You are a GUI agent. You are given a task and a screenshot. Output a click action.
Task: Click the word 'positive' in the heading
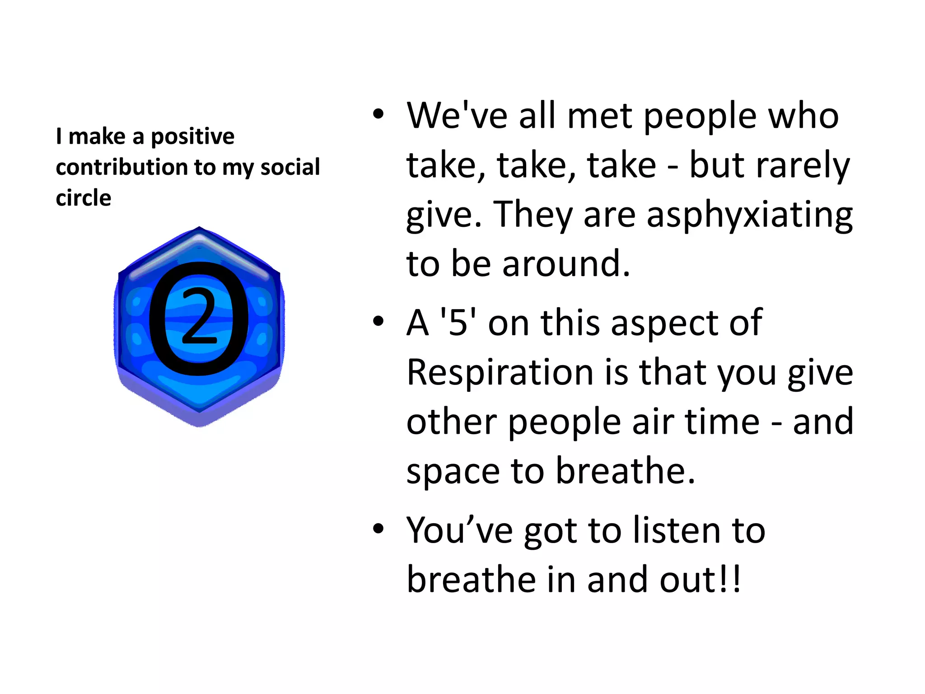pyautogui.click(x=192, y=136)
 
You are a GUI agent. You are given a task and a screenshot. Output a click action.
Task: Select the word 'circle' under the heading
pyautogui.click(x=84, y=198)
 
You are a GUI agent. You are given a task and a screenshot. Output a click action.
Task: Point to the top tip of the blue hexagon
pyautogui.click(x=199, y=228)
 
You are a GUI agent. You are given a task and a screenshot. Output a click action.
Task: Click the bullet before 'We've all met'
pyautogui.click(x=378, y=114)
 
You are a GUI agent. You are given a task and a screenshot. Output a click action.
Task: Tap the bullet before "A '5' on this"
pyautogui.click(x=378, y=321)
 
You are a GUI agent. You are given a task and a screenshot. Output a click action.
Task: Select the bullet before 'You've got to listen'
pyautogui.click(x=378, y=528)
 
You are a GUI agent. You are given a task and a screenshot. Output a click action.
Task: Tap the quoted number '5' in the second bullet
pyautogui.click(x=458, y=323)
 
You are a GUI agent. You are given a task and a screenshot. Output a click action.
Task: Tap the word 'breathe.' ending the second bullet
pyautogui.click(x=625, y=470)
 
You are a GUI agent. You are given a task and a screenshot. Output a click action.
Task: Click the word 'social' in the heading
pyautogui.click(x=290, y=167)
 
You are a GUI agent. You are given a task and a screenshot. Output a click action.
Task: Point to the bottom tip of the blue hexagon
pyautogui.click(x=200, y=425)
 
